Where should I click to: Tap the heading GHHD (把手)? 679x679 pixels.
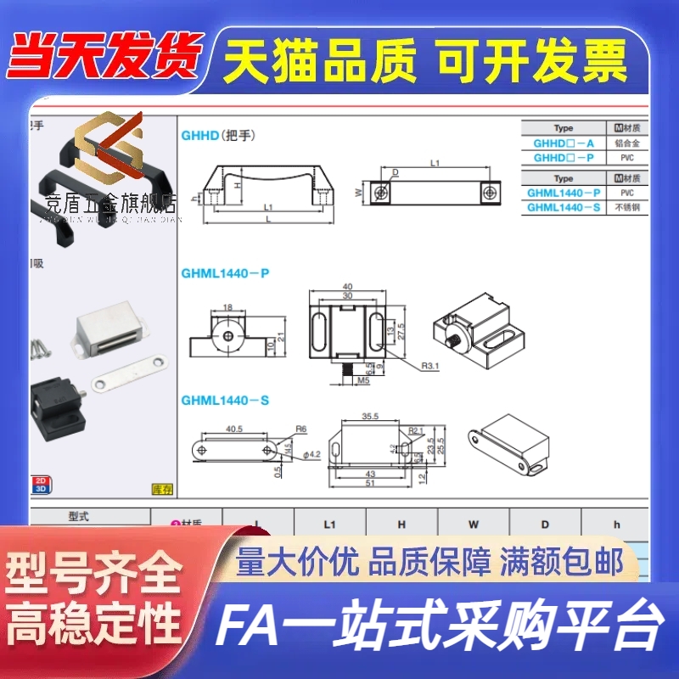(217, 135)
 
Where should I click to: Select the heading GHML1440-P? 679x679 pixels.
(224, 273)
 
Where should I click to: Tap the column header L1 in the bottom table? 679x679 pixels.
(330, 525)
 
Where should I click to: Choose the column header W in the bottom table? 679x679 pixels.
(474, 525)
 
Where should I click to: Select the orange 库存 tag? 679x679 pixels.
(160, 489)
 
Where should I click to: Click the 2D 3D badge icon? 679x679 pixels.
(40, 484)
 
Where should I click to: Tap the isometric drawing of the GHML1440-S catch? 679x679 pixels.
(513, 441)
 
